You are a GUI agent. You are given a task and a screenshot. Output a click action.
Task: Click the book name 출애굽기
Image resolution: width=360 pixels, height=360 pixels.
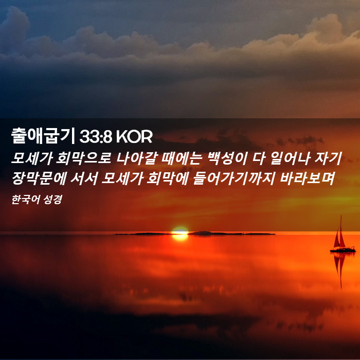point(43,136)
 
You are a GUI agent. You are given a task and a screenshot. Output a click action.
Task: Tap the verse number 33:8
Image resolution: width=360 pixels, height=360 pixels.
point(96,137)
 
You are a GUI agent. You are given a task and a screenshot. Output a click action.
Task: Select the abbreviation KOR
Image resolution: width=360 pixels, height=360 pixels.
point(134,137)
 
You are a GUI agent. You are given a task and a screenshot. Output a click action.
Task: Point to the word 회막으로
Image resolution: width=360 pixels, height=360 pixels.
point(84,158)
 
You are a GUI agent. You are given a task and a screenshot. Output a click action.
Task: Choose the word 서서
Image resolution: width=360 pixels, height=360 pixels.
point(84,178)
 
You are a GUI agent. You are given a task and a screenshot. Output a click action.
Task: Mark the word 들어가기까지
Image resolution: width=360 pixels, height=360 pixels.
point(234,178)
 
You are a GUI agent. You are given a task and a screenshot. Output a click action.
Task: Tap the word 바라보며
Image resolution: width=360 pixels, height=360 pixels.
point(307,178)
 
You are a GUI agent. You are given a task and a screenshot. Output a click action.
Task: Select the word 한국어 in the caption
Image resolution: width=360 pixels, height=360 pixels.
point(25,200)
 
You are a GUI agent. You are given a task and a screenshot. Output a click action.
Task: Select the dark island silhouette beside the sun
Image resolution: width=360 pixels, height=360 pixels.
point(231,233)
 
